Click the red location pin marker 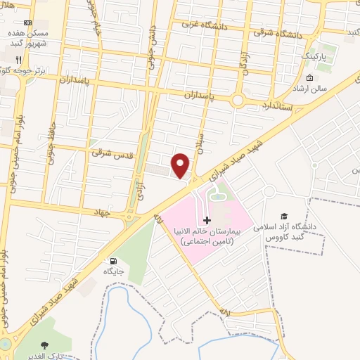[x=181, y=165]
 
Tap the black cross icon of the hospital [x=206, y=221]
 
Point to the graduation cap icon [x=283, y=217]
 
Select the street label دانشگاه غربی [x=201, y=23]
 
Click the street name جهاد [x=106, y=211]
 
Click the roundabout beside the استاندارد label [x=238, y=101]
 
